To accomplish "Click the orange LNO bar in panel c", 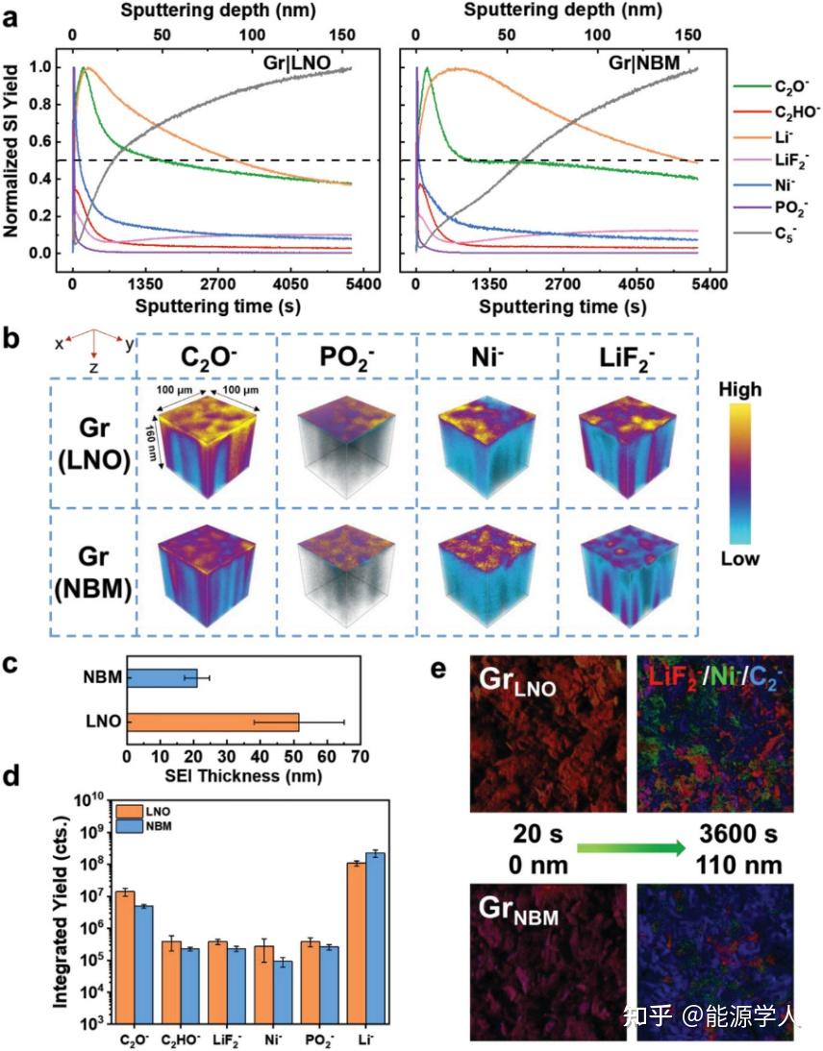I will pyautogui.click(x=212, y=721).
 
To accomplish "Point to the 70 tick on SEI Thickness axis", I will pyautogui.click(x=359, y=757).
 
